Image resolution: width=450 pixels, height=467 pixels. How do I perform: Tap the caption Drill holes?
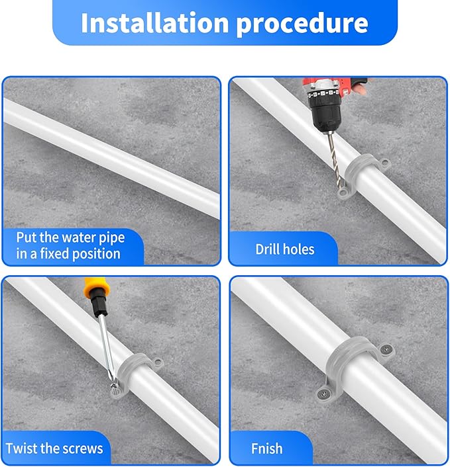285,249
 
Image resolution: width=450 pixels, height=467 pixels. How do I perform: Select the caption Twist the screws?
54,448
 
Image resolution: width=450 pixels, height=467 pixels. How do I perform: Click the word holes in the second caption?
300,249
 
